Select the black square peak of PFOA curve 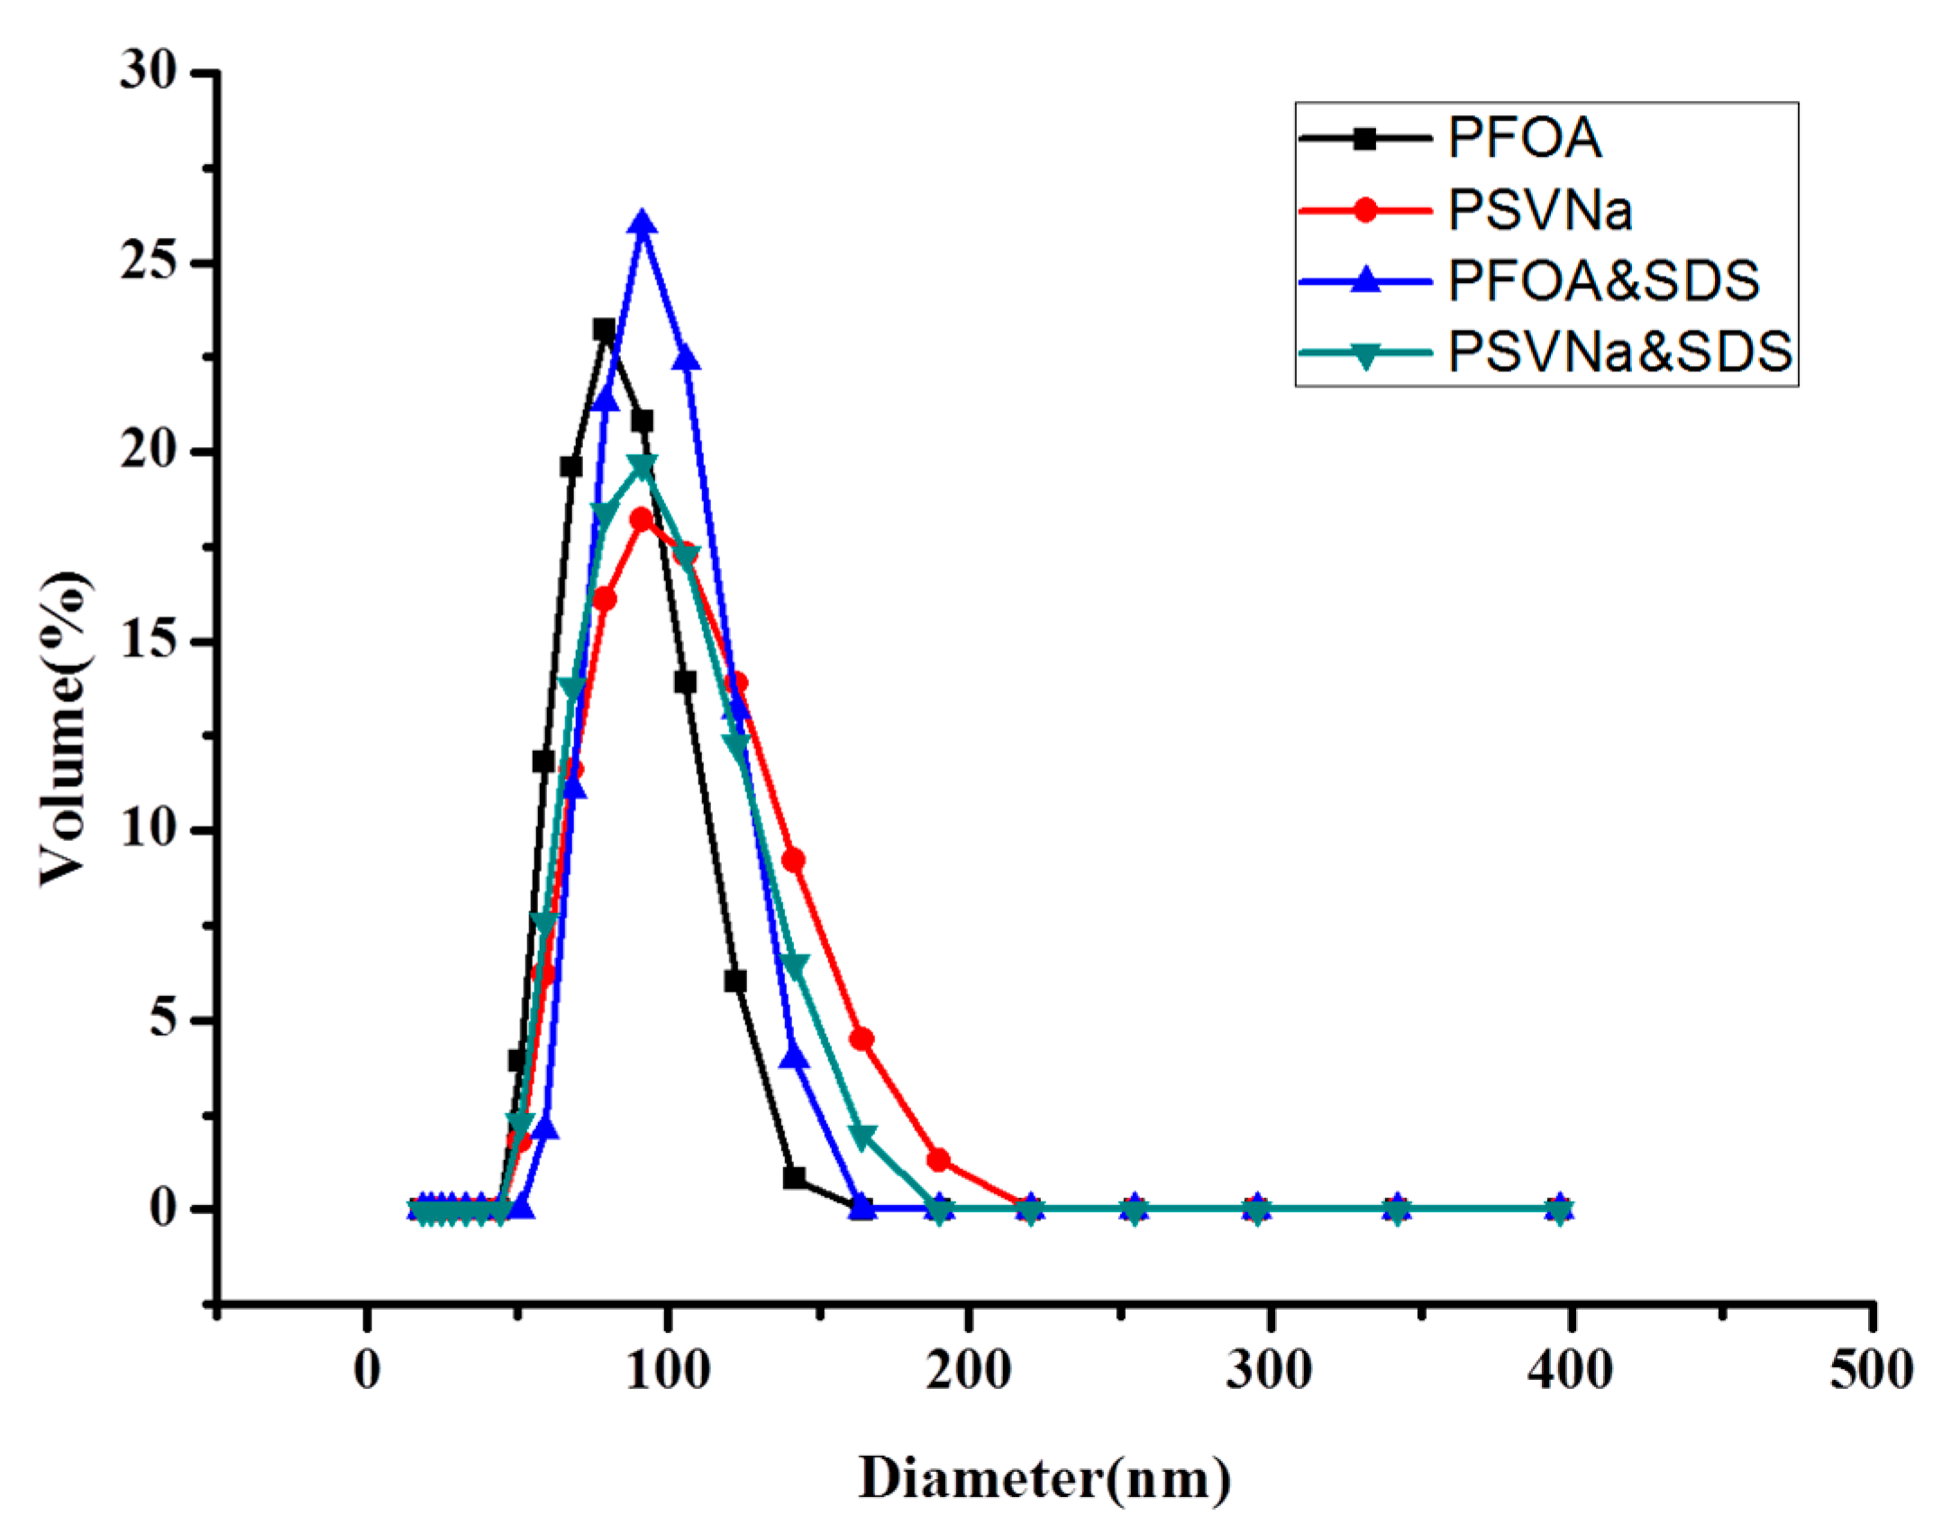click(x=604, y=330)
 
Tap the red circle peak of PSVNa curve click(x=641, y=520)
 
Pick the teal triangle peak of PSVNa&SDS click(x=642, y=467)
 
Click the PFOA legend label click(x=1524, y=138)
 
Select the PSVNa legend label click(x=1540, y=210)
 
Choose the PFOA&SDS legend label click(x=1603, y=280)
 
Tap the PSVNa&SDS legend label click(x=1619, y=352)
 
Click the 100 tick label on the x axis click(x=668, y=1371)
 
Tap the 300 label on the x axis click(x=1269, y=1371)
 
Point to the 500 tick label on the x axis click(x=1871, y=1371)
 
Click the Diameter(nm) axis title click(x=1044, y=1479)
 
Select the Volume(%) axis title click(x=65, y=728)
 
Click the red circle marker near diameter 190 click(x=938, y=1160)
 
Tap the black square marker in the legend click(x=1365, y=139)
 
